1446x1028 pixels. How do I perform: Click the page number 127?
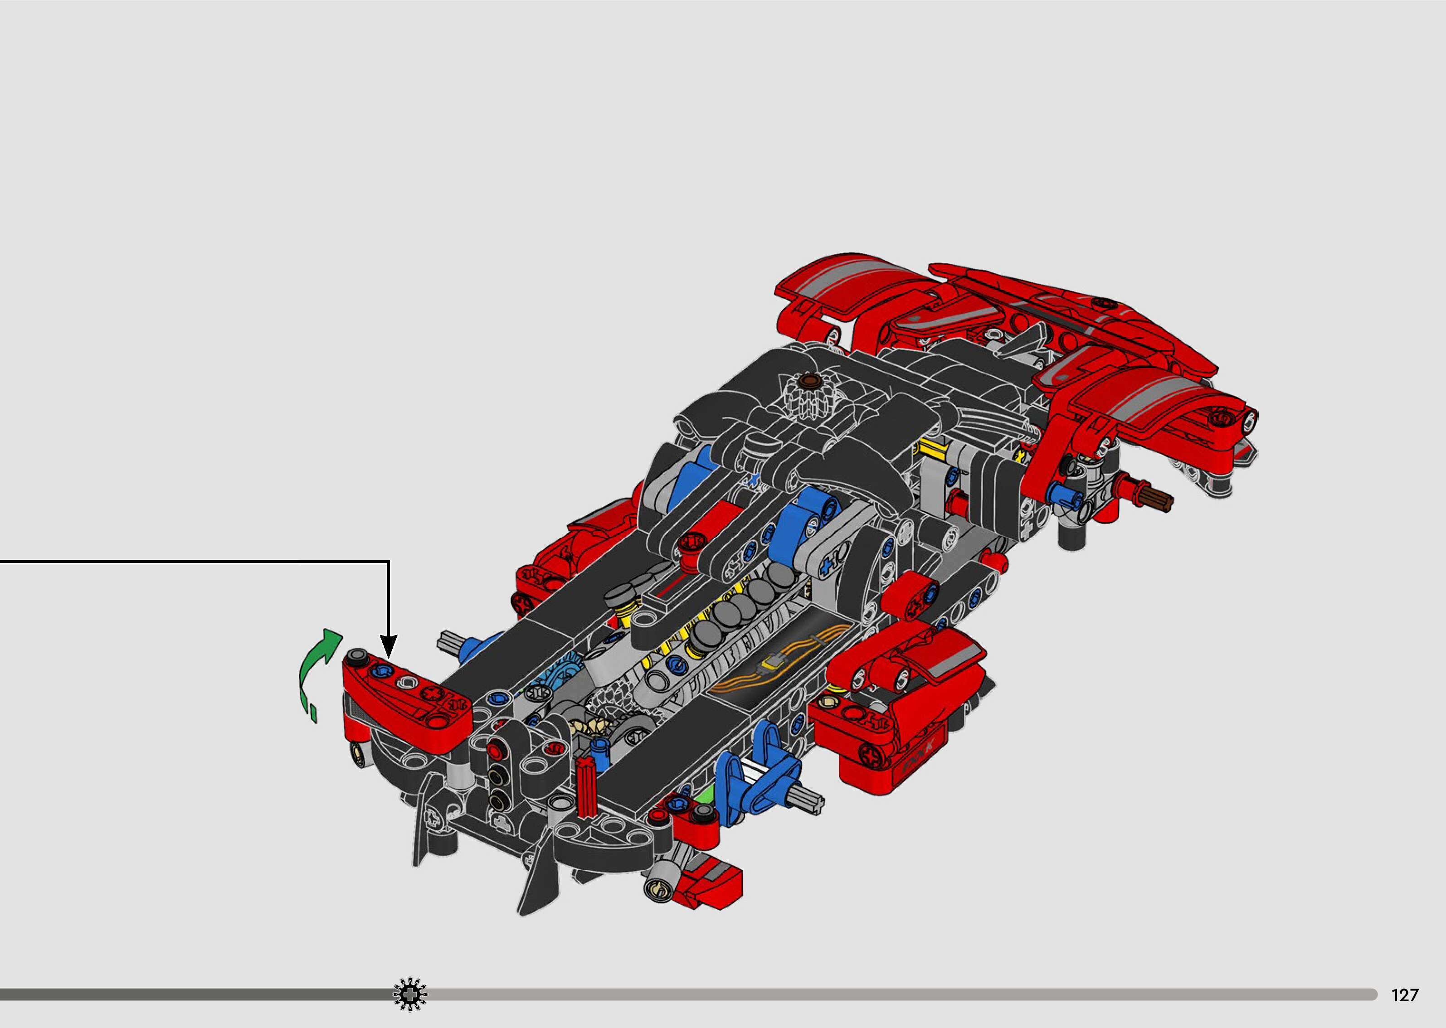[x=1404, y=995]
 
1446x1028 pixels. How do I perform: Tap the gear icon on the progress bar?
[x=409, y=994]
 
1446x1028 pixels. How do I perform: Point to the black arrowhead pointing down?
[x=389, y=647]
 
